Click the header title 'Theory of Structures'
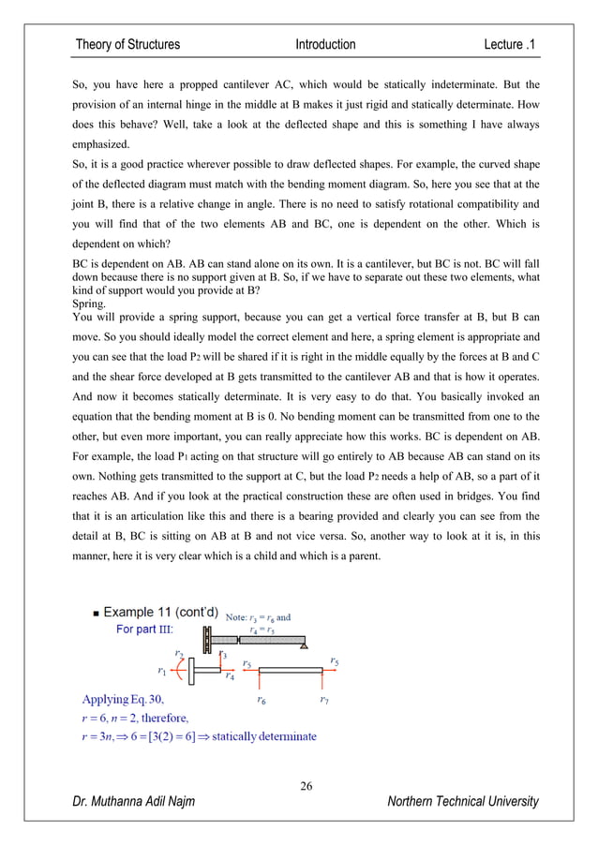click(127, 44)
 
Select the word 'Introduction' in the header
click(325, 44)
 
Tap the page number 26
click(306, 785)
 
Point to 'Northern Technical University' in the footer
click(463, 801)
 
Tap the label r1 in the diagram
click(161, 670)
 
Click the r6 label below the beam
click(261, 699)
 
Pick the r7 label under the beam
click(323, 699)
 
